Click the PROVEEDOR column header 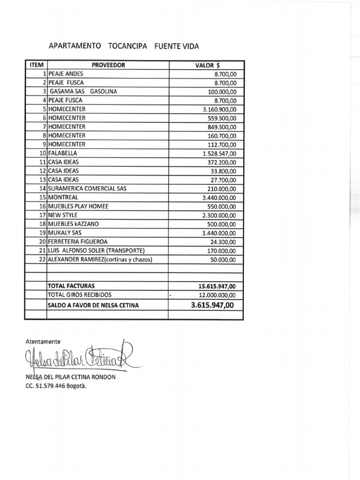(x=108, y=65)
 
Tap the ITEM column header (x=36, y=65)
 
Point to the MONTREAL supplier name (x=62, y=197)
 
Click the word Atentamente (x=43, y=342)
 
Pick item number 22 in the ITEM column (x=43, y=260)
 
